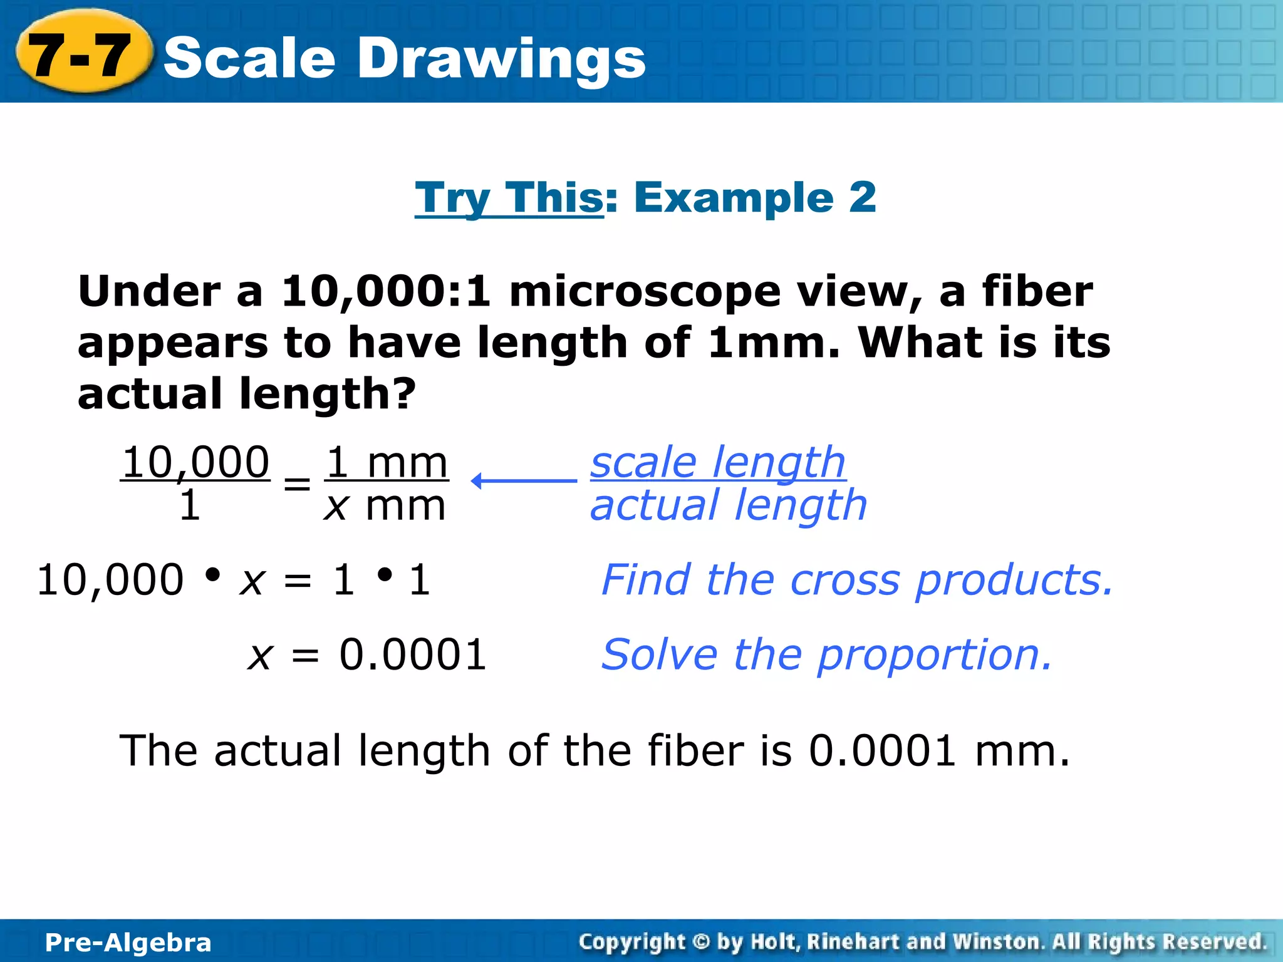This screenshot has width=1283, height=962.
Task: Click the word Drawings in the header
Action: [x=501, y=58]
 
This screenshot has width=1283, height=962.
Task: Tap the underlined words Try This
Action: [x=509, y=198]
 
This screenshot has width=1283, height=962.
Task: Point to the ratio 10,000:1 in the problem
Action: [x=386, y=292]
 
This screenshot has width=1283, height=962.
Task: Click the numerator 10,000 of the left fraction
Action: [x=195, y=463]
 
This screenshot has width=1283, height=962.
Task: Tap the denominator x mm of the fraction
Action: [x=385, y=506]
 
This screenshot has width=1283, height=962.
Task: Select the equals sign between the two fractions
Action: [x=297, y=484]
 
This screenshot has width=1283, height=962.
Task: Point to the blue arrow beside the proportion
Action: [x=524, y=481]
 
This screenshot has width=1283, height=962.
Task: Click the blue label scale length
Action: [x=718, y=463]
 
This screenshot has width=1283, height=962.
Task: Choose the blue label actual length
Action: [x=729, y=506]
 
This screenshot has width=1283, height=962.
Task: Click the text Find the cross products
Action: [x=857, y=580]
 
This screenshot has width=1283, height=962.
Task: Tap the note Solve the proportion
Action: [x=826, y=655]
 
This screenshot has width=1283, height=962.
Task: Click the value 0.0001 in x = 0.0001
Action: [x=413, y=655]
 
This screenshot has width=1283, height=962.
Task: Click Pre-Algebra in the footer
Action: [x=128, y=943]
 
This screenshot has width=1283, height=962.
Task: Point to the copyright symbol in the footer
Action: [x=701, y=942]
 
